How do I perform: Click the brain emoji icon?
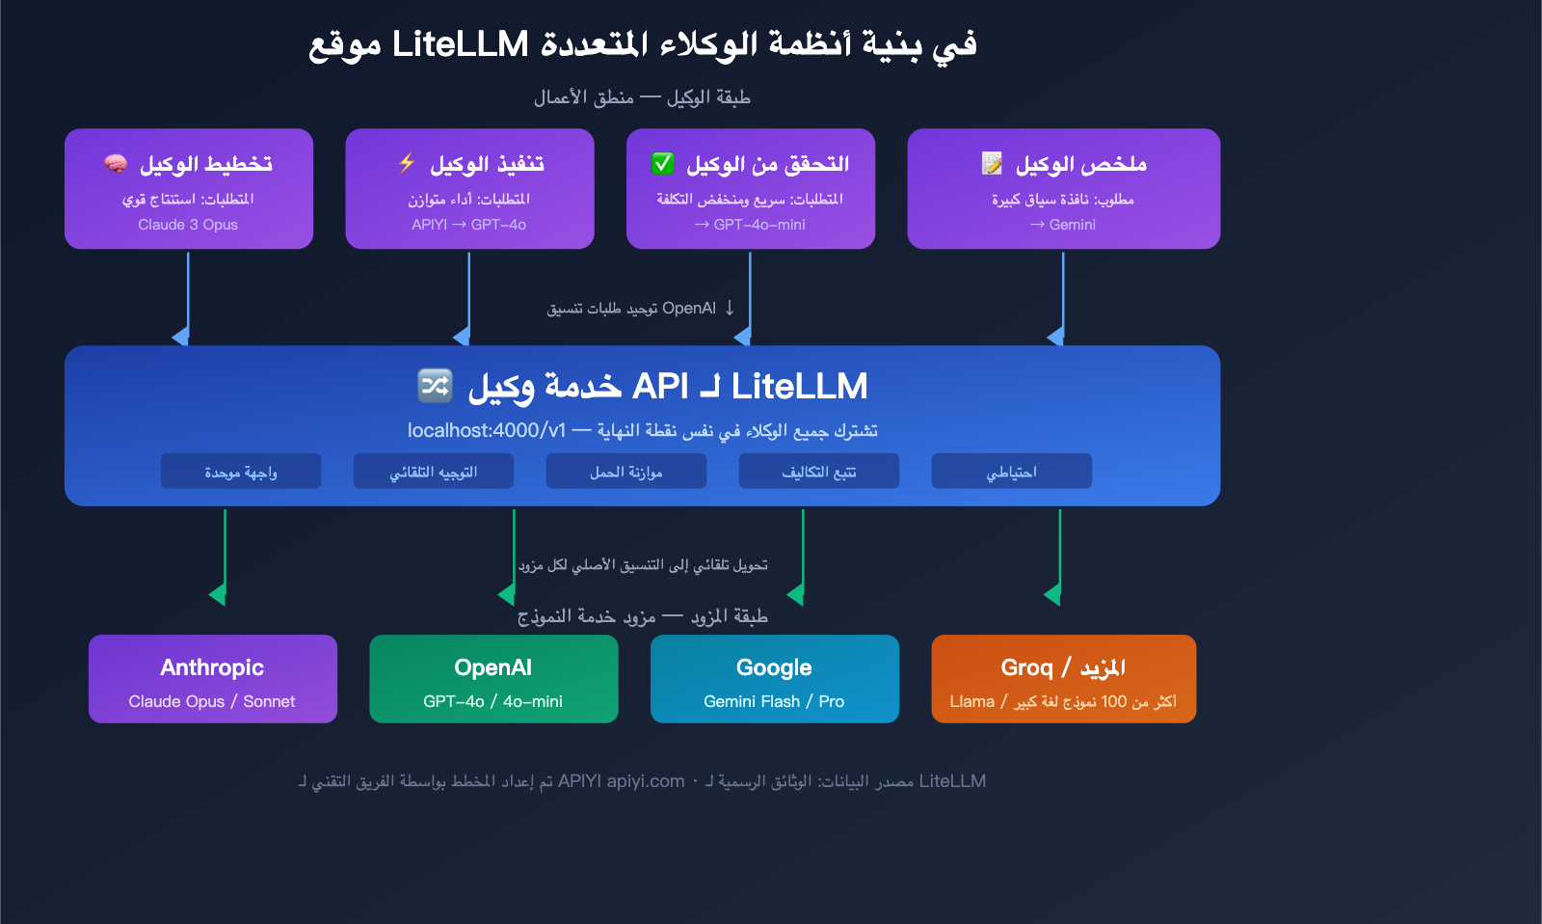pos(116,164)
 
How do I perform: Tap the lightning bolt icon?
pos(407,163)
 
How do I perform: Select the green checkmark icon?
pos(663,163)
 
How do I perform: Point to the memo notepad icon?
pos(992,163)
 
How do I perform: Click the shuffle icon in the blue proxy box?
pos(435,386)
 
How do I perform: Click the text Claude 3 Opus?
pos(188,225)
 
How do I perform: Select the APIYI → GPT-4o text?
pos(469,225)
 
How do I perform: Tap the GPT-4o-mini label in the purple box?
pos(759,225)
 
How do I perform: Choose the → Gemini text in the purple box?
pos(1063,225)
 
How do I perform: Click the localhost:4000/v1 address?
pos(486,430)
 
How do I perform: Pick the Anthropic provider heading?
pos(212,667)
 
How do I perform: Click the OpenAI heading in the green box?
pos(493,667)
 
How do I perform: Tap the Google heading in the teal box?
pos(774,667)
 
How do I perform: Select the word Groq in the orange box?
pos(1026,667)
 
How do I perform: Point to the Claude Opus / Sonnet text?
pos(212,701)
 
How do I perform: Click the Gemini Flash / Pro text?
pos(774,701)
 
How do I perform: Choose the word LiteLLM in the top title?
pos(461,44)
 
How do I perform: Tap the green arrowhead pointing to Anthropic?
pos(219,594)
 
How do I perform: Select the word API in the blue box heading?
pos(660,386)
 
